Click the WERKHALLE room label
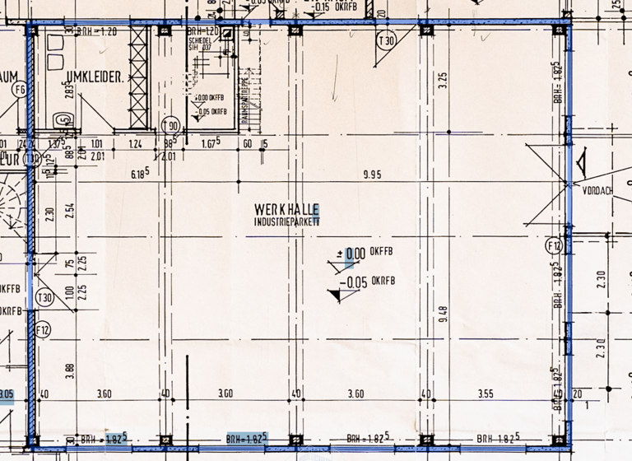(x=286, y=211)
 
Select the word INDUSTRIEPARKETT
(x=287, y=222)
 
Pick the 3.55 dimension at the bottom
(x=486, y=394)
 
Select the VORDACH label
(x=596, y=190)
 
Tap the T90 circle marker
(x=170, y=125)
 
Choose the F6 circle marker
(x=20, y=89)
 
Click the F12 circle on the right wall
(x=553, y=244)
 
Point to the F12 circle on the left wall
(x=44, y=330)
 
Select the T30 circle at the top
(x=385, y=40)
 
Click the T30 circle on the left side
(x=44, y=298)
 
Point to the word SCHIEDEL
(x=200, y=40)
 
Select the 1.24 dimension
(x=136, y=145)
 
